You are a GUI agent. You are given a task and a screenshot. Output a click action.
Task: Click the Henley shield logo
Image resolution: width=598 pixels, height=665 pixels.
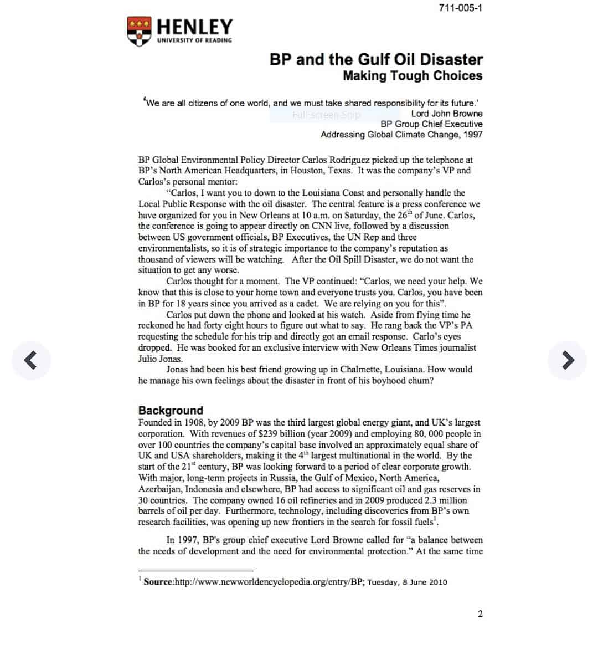[x=138, y=30]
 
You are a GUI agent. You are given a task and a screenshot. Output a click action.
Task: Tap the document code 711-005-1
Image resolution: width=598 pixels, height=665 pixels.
[x=460, y=8]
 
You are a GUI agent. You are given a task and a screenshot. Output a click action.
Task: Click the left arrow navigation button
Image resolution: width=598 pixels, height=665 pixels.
[x=32, y=360]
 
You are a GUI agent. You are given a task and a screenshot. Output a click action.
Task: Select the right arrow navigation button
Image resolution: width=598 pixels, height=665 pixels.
[x=567, y=360]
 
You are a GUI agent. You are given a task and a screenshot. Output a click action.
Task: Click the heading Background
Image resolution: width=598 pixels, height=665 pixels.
[x=171, y=410]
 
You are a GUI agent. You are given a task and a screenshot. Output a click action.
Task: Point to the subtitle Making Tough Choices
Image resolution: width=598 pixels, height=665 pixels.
[x=413, y=76]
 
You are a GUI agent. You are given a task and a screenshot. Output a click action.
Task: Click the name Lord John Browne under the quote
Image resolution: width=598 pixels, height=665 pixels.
[x=446, y=114]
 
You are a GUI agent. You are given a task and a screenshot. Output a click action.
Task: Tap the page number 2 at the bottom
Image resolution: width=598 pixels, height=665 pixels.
[x=480, y=613]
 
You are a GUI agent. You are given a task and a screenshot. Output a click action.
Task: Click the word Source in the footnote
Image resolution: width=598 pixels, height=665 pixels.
[x=158, y=582]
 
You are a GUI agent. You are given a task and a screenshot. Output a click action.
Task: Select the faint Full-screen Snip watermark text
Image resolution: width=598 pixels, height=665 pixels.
[x=326, y=115]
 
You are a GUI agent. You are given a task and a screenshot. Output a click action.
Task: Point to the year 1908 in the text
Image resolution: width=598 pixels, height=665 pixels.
[x=194, y=423]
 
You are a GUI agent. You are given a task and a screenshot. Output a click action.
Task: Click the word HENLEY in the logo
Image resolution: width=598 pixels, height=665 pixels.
[x=194, y=27]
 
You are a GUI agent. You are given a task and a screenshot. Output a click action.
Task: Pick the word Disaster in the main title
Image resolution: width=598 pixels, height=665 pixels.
[x=451, y=59]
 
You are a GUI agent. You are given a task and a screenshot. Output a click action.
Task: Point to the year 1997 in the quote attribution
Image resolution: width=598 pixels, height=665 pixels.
[x=472, y=135]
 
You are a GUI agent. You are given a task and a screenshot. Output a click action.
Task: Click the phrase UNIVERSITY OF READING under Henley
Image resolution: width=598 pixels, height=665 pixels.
[x=194, y=40]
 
